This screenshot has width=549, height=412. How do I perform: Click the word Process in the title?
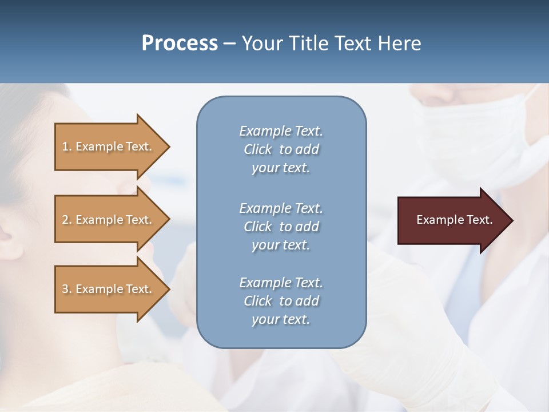pyautogui.click(x=180, y=43)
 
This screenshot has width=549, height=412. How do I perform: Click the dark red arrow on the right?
pyautogui.click(x=452, y=220)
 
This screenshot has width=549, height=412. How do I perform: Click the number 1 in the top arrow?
pyautogui.click(x=65, y=146)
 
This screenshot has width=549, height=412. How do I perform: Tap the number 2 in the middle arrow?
pyautogui.click(x=65, y=220)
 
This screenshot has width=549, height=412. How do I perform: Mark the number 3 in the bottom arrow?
pyautogui.click(x=65, y=289)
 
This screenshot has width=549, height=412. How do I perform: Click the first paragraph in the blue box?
pyautogui.click(x=281, y=149)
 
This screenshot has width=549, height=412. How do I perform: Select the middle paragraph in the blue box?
pyautogui.click(x=281, y=227)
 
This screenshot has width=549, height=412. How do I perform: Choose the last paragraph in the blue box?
pyautogui.click(x=281, y=301)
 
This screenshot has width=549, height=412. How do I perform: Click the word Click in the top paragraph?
pyautogui.click(x=257, y=149)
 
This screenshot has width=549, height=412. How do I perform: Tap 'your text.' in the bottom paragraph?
pyautogui.click(x=281, y=319)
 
